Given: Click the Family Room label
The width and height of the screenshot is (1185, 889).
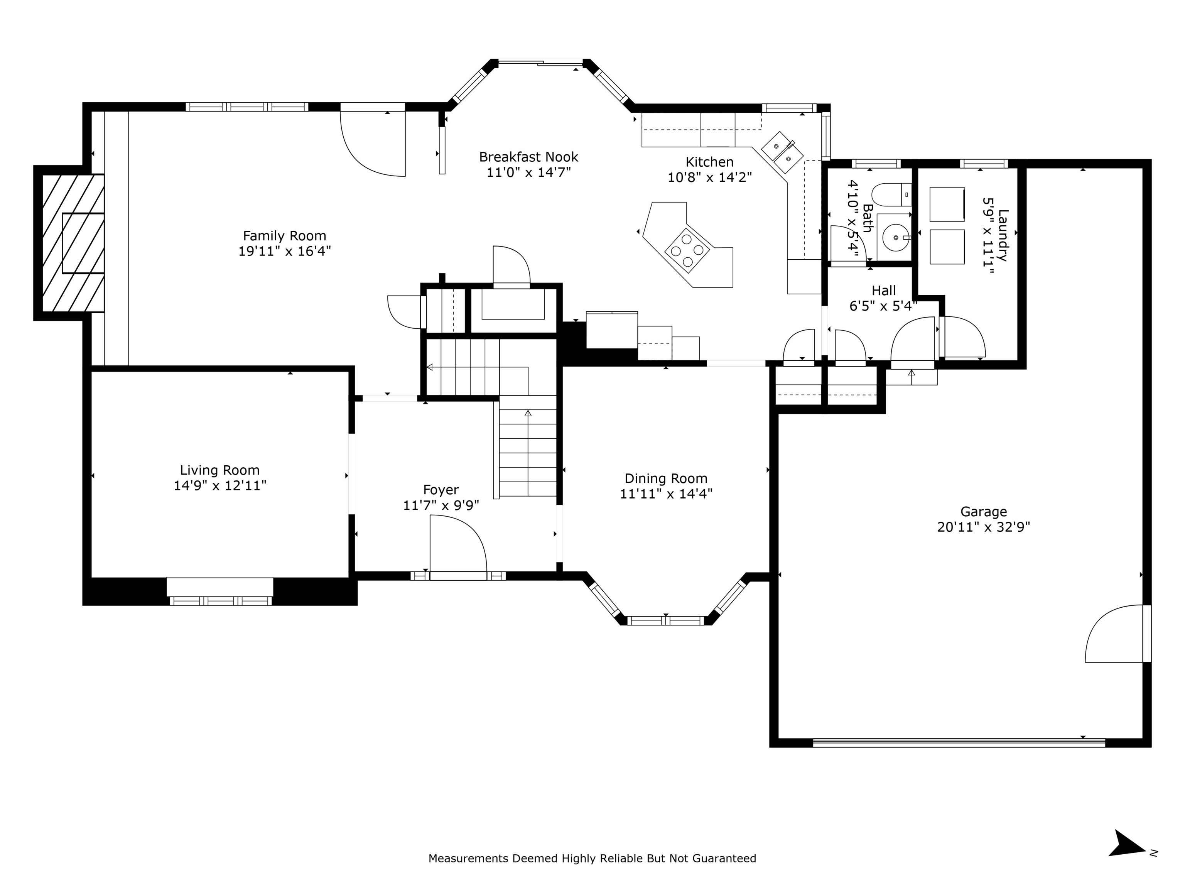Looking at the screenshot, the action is coord(284,236).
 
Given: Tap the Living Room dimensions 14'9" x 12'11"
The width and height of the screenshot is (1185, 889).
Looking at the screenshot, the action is coord(220,485).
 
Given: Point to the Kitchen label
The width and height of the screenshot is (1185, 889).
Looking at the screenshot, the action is coord(709,162).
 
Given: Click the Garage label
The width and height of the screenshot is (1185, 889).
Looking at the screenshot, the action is coord(984,512).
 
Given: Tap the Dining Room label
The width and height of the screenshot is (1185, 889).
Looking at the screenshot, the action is coord(666,478).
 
